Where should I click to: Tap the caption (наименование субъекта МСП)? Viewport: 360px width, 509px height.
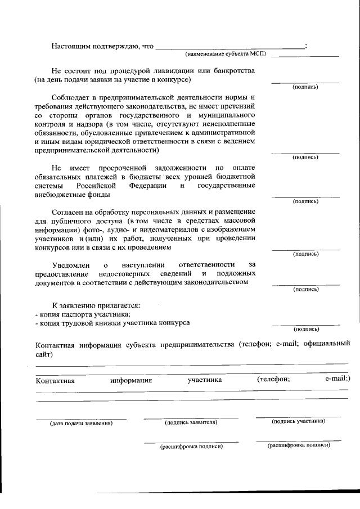tap(225, 54)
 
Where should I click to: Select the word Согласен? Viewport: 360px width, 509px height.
tap(67, 213)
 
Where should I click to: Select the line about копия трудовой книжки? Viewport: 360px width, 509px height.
tap(112, 323)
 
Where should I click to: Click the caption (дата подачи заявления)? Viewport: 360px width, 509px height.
tap(81, 423)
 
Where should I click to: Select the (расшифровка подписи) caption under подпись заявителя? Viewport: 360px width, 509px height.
tap(191, 446)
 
